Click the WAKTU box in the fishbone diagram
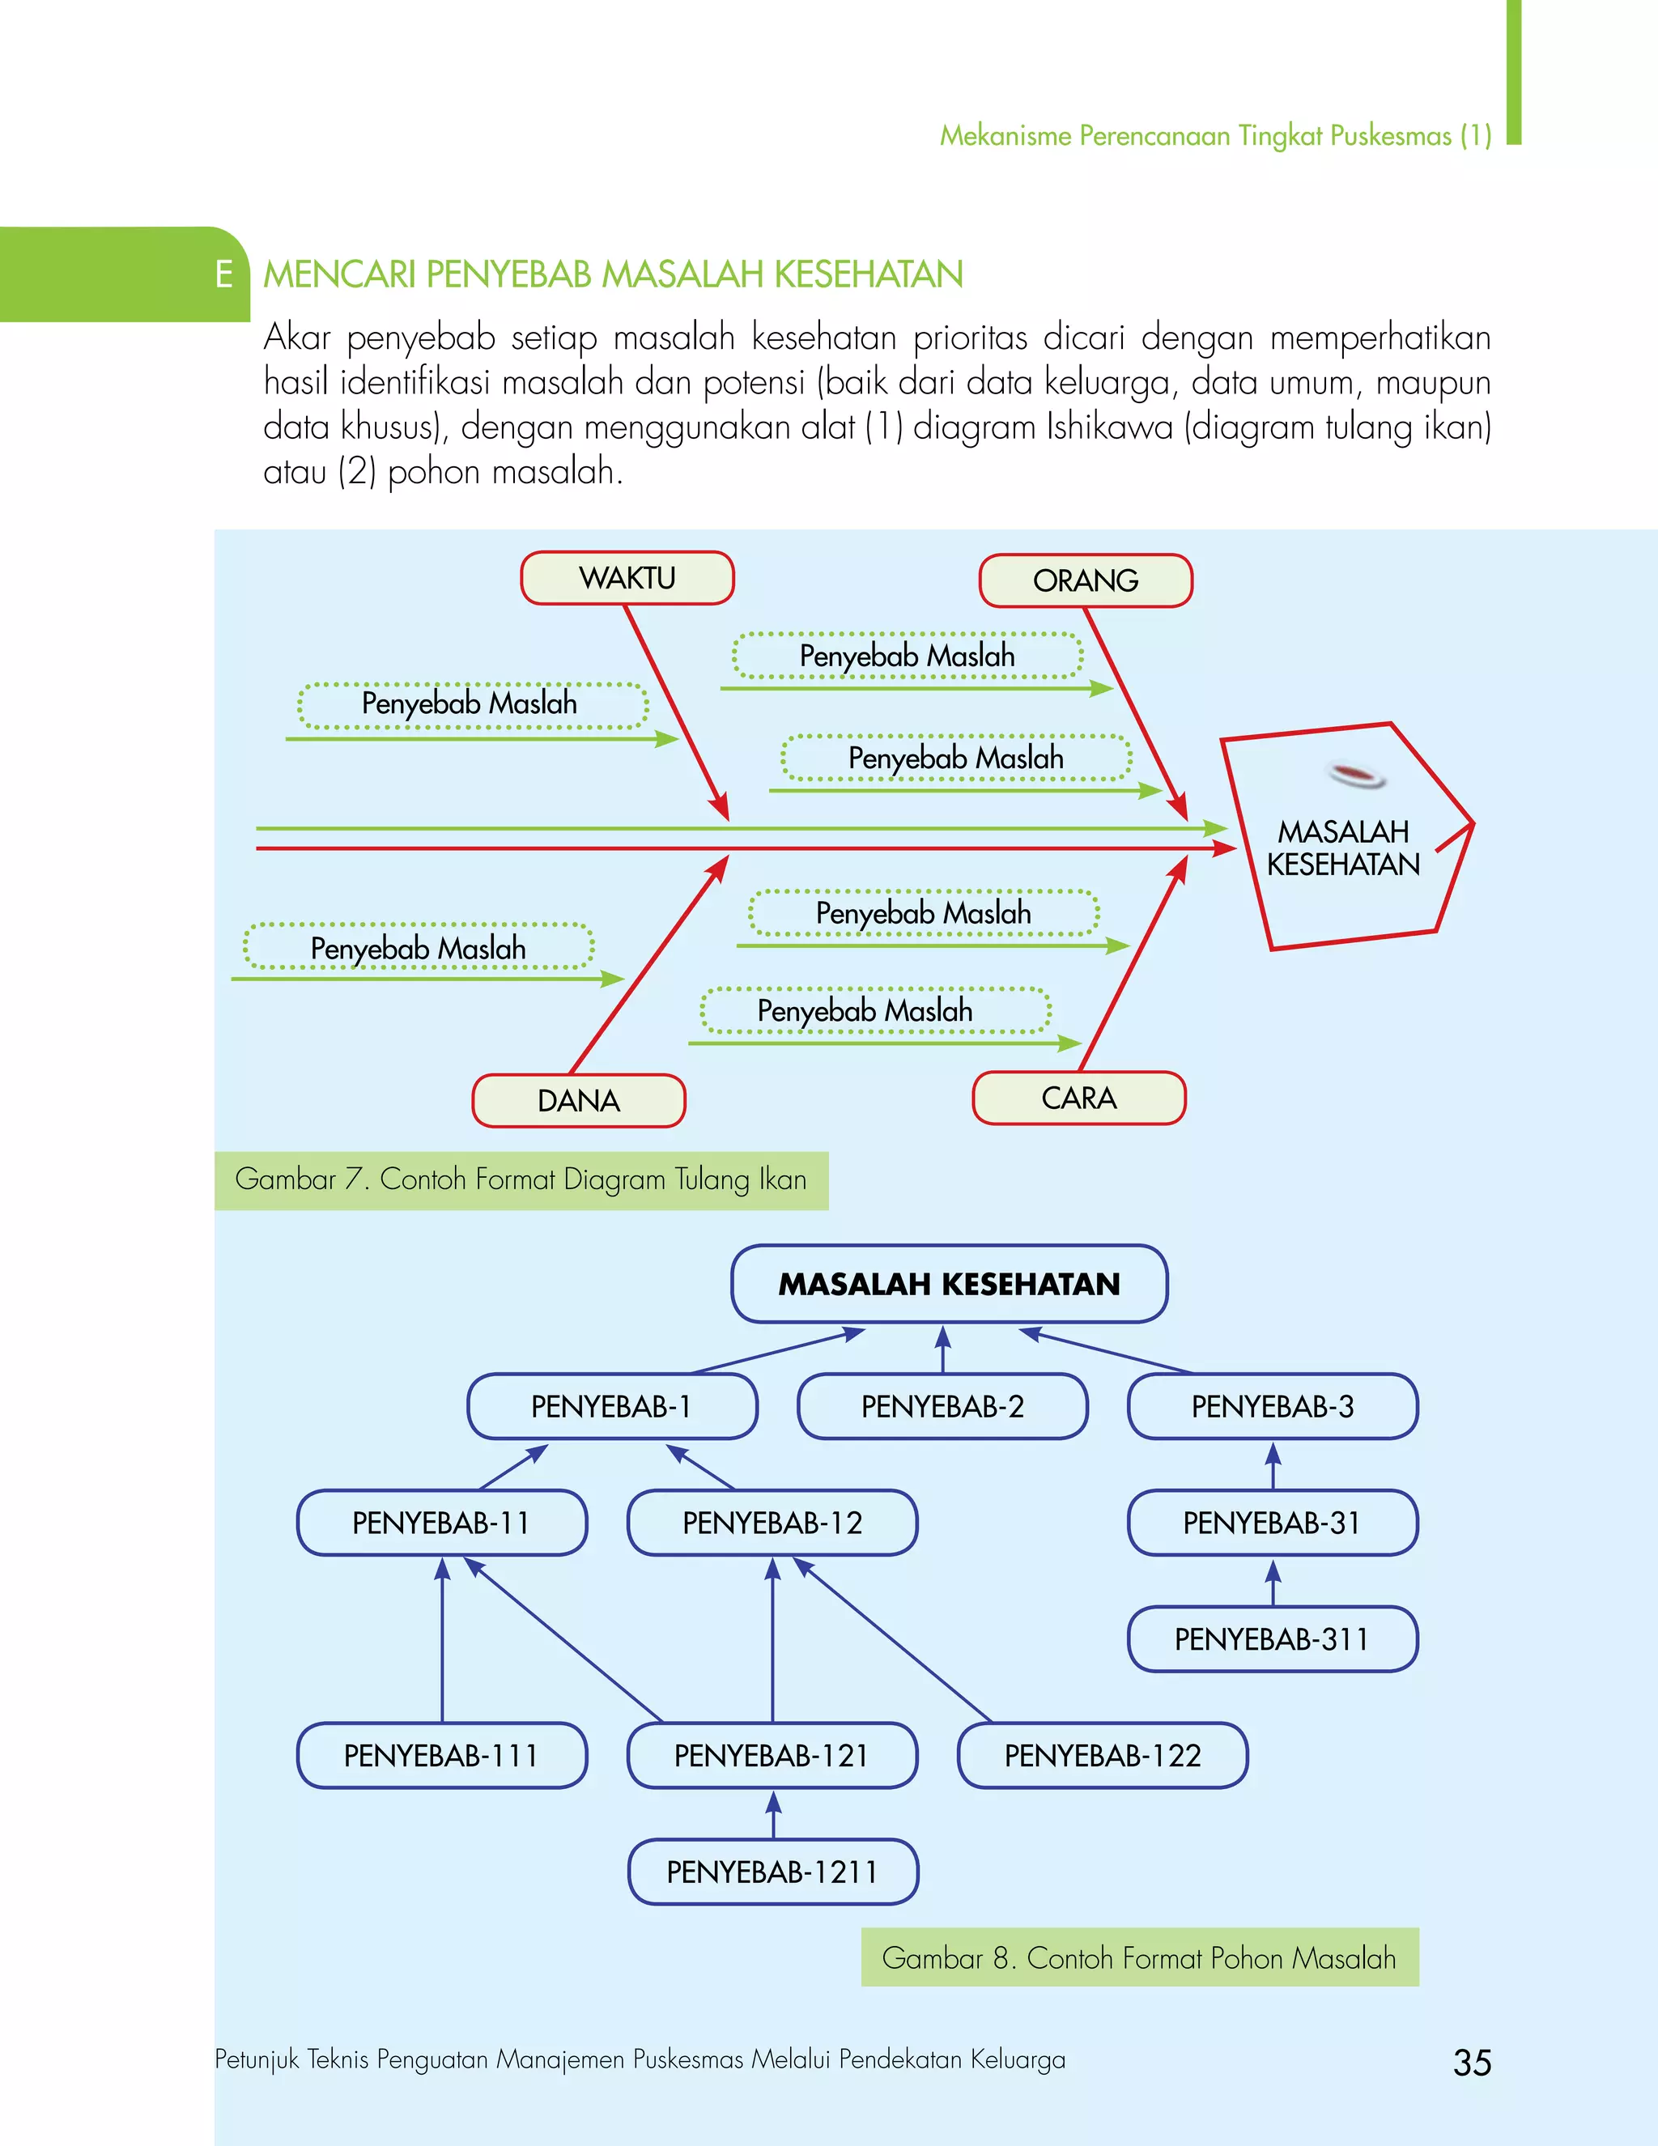pyautogui.click(x=627, y=578)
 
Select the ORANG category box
pyautogui.click(x=1085, y=580)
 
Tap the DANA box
pyautogui.click(x=579, y=1100)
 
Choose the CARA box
pyautogui.click(x=1079, y=1098)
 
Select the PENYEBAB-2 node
pyautogui.click(x=942, y=1406)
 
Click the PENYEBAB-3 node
pyautogui.click(x=1273, y=1406)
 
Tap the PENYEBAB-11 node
pyautogui.click(x=441, y=1523)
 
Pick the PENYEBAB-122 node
pyautogui.click(x=1103, y=1756)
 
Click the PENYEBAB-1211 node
pyautogui.click(x=772, y=1872)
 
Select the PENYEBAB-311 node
pyautogui.click(x=1273, y=1639)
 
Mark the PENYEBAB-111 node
pyautogui.click(x=441, y=1756)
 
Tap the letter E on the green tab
pyautogui.click(x=224, y=275)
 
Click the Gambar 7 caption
pyautogui.click(x=521, y=1179)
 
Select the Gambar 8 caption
pyautogui.click(x=1139, y=1957)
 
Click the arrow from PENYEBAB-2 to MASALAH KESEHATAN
pyautogui.click(x=943, y=1349)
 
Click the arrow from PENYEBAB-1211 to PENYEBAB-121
pyautogui.click(x=773, y=1814)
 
